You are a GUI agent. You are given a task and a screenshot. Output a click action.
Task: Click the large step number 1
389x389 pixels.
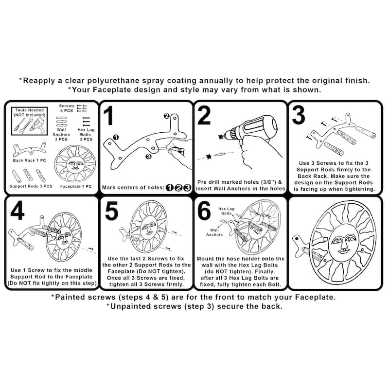(108, 116)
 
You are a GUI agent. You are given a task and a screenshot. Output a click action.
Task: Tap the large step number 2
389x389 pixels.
(204, 115)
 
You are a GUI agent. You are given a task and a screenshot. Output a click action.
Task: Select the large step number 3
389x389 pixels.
(299, 115)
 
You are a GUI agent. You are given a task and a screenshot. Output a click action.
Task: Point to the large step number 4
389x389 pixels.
(18, 211)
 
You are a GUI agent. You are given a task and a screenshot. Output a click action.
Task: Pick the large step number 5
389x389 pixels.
(112, 211)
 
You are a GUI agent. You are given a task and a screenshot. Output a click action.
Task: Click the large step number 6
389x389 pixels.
(204, 211)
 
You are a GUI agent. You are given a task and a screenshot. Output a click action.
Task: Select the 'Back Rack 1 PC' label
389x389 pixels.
(30, 160)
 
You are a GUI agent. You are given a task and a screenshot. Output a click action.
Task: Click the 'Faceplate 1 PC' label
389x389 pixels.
(76, 186)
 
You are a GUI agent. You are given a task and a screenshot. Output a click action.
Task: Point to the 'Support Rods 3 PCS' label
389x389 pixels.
(31, 186)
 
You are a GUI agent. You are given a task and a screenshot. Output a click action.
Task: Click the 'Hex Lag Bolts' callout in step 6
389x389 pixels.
(226, 211)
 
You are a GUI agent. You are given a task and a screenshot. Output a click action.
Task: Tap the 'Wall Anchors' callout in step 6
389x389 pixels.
(214, 232)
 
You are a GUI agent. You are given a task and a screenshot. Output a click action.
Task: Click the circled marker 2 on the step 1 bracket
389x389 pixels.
(167, 116)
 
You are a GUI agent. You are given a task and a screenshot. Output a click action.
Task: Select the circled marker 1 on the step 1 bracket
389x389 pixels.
(116, 137)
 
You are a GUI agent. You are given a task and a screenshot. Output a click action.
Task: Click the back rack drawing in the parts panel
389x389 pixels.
(30, 149)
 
